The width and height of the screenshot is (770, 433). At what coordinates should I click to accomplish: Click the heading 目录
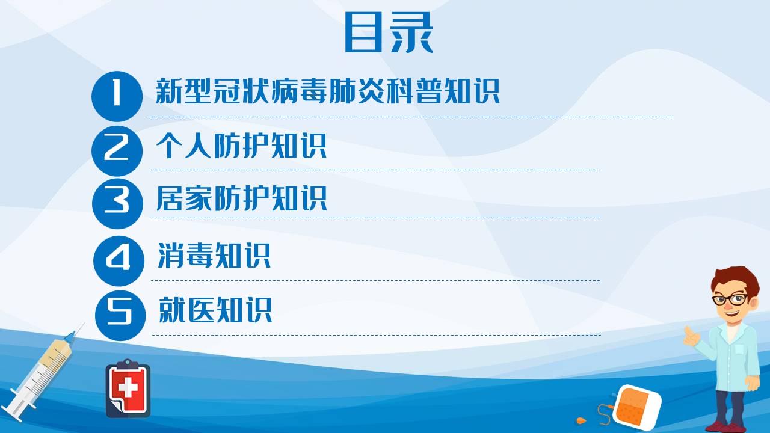coord(389,32)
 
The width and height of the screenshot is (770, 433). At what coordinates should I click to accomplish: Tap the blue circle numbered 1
coord(117,96)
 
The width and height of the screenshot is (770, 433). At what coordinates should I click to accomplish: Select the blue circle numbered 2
coord(117,151)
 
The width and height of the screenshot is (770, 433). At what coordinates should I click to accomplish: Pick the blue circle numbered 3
coord(117,203)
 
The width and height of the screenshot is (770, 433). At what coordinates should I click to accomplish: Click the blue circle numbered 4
coord(119,261)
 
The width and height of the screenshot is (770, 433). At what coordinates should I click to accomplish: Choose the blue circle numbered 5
coord(120,315)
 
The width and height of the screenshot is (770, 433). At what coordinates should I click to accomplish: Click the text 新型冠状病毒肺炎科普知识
coord(328,91)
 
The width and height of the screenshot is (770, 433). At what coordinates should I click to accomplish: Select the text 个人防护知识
coord(241,146)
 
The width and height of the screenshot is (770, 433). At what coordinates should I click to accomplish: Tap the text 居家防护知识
coord(242,198)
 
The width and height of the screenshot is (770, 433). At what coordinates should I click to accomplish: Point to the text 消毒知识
coord(214,256)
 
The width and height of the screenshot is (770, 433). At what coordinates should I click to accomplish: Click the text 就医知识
coord(215,310)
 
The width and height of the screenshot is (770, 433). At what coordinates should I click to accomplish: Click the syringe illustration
coord(43,373)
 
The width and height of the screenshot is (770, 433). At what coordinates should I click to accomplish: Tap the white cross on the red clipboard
coord(128,388)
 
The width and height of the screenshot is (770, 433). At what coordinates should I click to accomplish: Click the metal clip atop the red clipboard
coord(128,364)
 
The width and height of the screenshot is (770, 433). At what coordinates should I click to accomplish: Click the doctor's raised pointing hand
coord(691,336)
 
